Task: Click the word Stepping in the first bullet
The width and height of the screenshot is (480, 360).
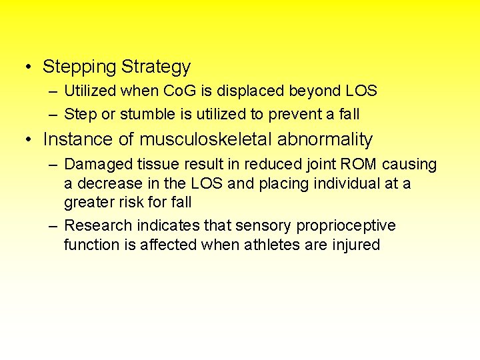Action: (x=79, y=67)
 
